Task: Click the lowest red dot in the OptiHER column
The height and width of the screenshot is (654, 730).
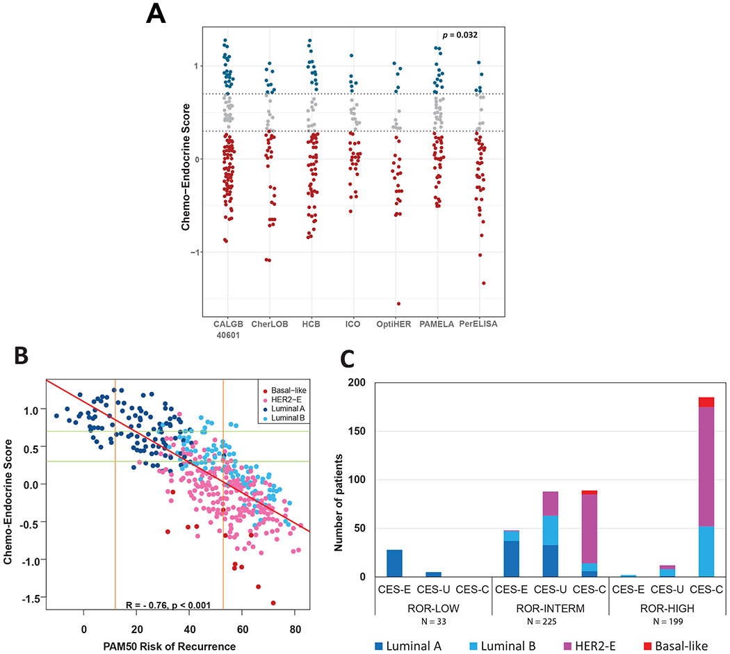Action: [399, 304]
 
